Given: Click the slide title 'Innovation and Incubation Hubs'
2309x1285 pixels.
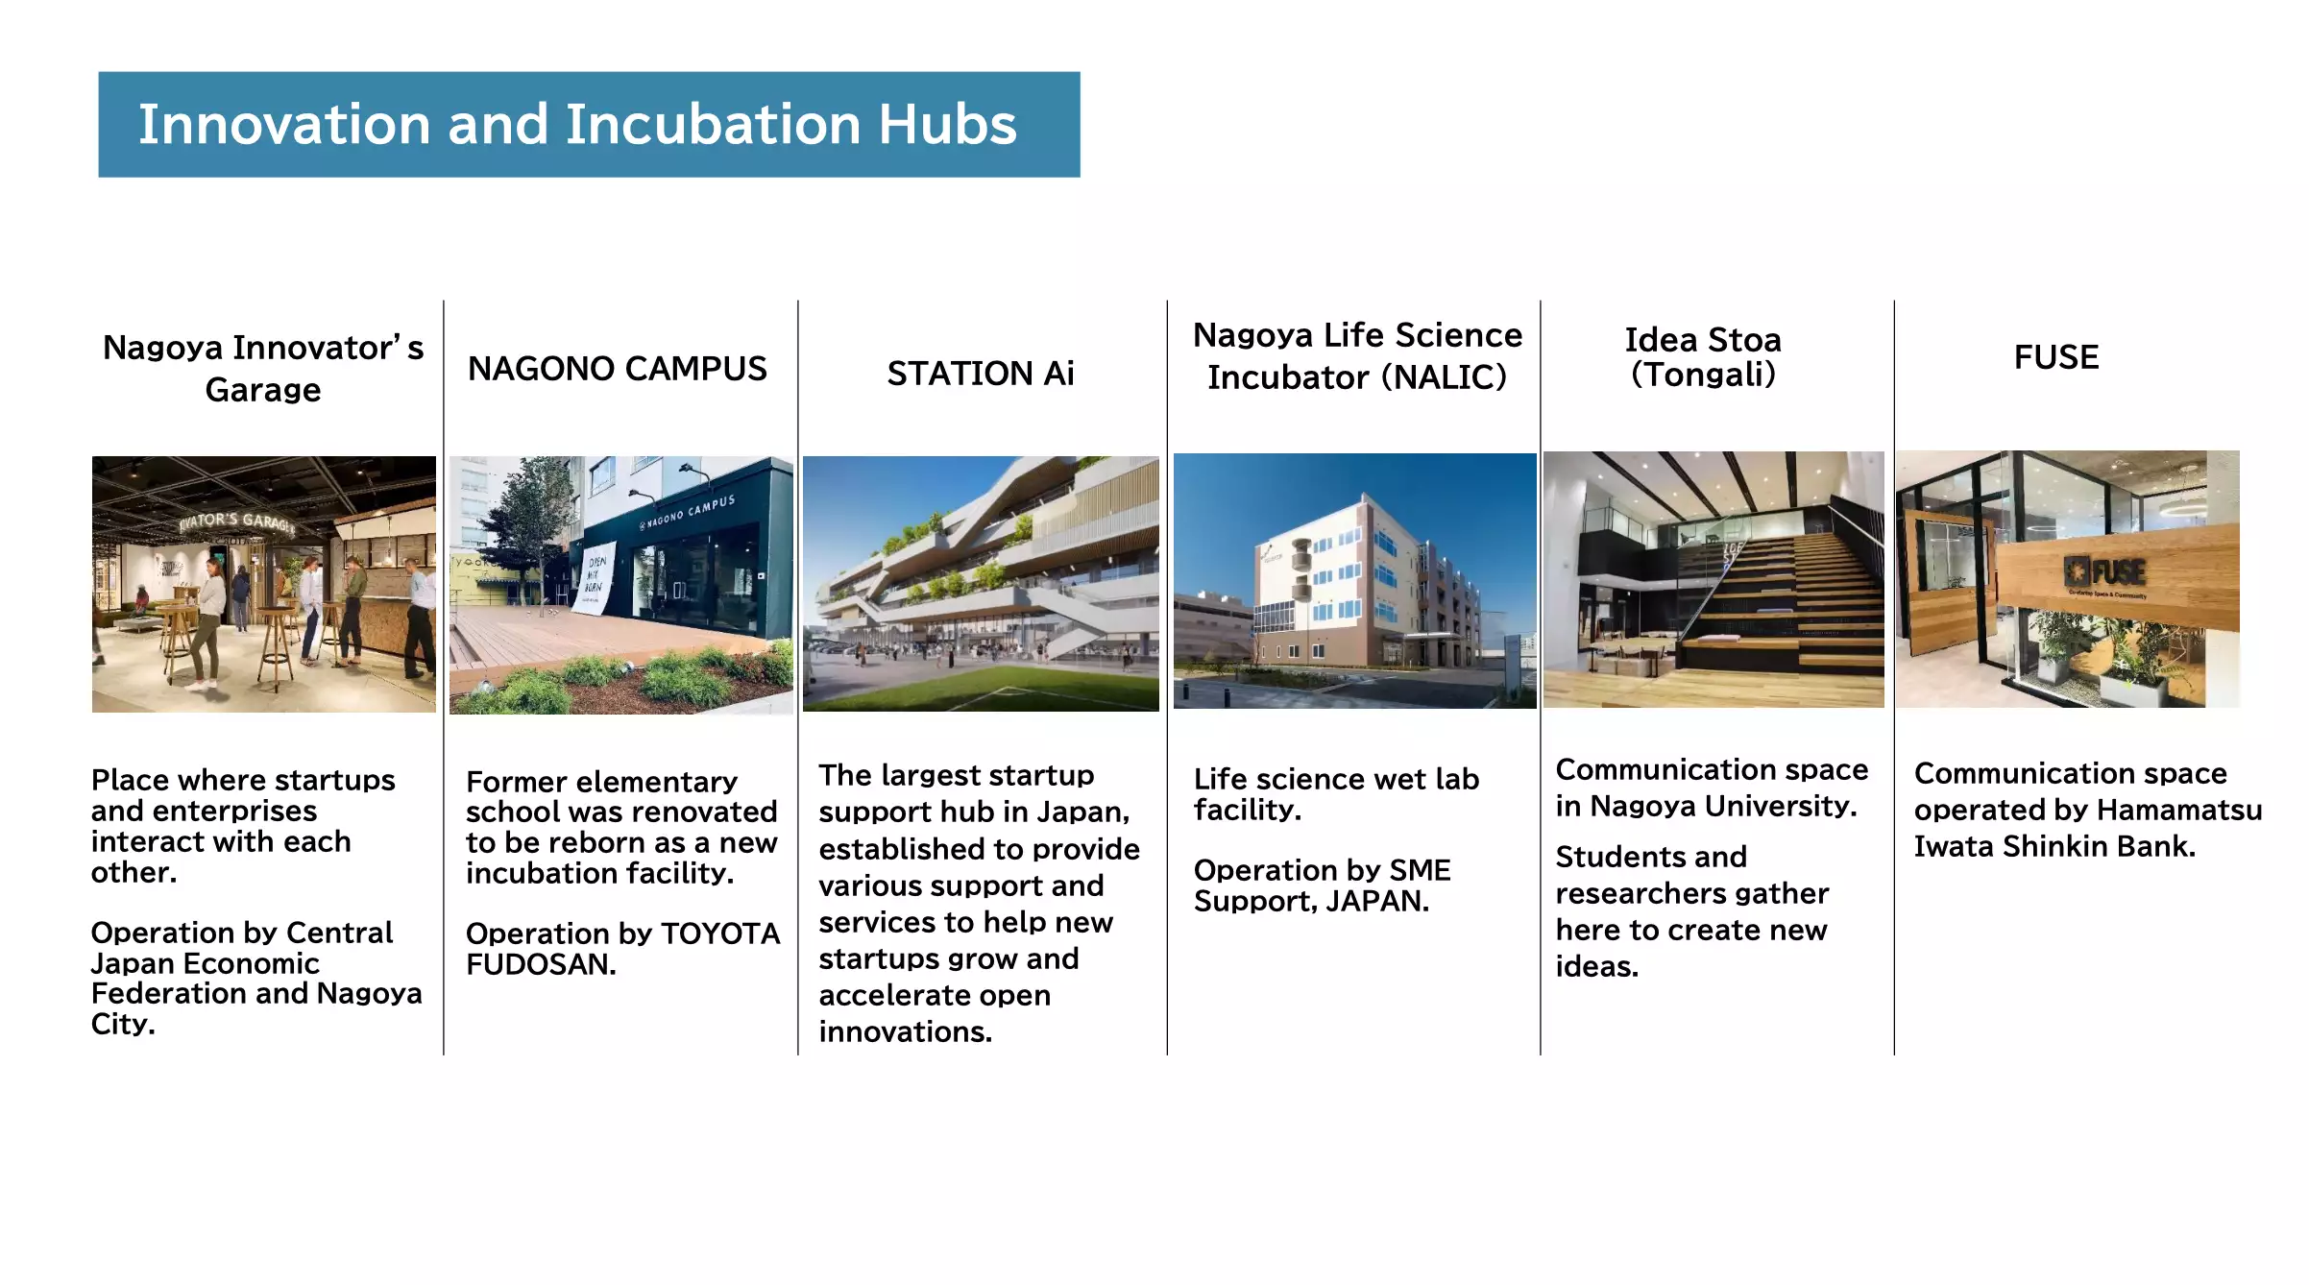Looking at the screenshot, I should (577, 125).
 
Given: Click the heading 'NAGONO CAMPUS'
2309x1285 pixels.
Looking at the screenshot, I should (617, 369).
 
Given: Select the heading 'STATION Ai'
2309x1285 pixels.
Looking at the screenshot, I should (980, 374).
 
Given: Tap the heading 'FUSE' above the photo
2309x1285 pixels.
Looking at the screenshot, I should (2055, 357).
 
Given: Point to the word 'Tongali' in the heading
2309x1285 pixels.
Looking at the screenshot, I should (1703, 375).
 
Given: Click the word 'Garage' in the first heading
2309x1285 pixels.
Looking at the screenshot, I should (262, 390).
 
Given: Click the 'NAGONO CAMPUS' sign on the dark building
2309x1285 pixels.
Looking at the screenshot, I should (688, 512).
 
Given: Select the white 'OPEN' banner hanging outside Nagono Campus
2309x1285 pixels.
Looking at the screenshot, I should (595, 580).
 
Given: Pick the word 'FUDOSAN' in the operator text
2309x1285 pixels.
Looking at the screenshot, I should (539, 964).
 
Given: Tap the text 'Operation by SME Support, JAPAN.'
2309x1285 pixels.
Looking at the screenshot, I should (1322, 885).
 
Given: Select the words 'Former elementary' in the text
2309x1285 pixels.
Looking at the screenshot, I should (601, 782).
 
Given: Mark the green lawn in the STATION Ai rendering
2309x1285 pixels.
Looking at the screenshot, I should (989, 690).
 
